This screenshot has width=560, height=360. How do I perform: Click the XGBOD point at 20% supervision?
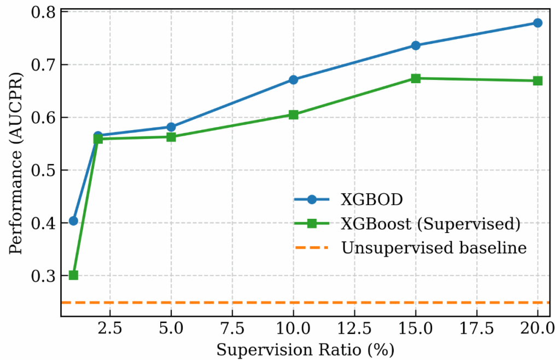tap(538, 23)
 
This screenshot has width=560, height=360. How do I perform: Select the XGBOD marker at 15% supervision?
tap(416, 45)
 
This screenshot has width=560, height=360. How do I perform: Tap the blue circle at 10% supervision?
tap(293, 80)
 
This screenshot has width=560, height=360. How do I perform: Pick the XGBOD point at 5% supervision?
tap(171, 127)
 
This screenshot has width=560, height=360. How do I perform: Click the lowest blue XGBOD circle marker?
tap(73, 221)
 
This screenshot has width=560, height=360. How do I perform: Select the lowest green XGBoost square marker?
tap(73, 275)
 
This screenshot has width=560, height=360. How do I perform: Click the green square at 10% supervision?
tap(293, 115)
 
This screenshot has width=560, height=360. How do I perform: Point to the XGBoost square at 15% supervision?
tap(416, 78)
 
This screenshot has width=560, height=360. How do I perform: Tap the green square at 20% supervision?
tap(538, 81)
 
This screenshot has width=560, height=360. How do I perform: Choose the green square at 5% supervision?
tap(171, 137)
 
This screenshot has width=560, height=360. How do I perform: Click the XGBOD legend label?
tap(372, 199)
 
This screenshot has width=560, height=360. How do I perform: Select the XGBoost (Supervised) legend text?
tap(429, 223)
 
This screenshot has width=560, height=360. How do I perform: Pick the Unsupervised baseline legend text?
tap(434, 248)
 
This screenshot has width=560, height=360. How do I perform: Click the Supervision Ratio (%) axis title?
tap(305, 349)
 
